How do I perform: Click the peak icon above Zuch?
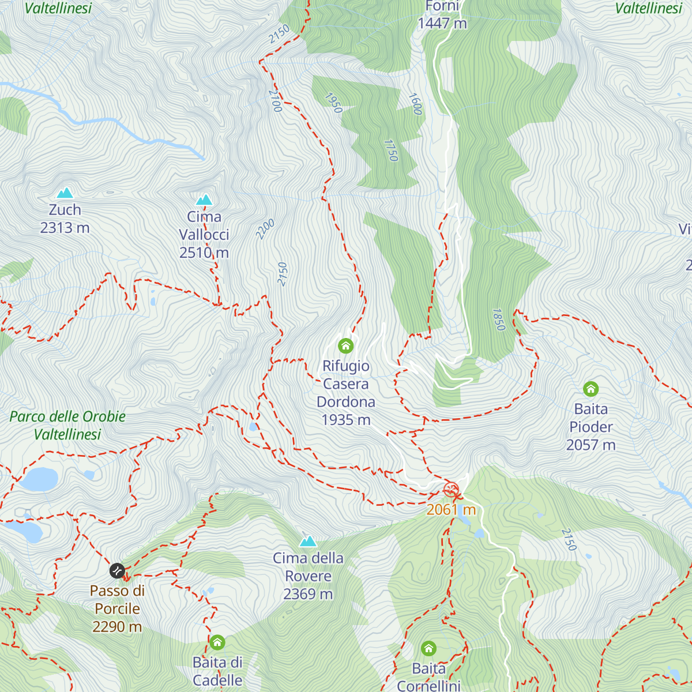[x=65, y=193]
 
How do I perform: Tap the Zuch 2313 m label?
[x=65, y=219]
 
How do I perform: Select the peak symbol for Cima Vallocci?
[x=204, y=200]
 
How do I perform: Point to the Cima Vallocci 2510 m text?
[x=204, y=235]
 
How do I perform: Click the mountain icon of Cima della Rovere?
[x=308, y=541]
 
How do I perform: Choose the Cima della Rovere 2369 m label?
[x=308, y=576]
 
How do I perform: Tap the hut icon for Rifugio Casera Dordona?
[x=345, y=346]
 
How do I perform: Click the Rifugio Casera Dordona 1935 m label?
[x=346, y=393]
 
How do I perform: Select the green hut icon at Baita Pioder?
[x=591, y=389]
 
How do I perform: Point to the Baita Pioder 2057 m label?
[x=591, y=427]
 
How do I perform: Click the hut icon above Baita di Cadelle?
[x=217, y=642]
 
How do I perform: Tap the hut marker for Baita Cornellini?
[x=428, y=649]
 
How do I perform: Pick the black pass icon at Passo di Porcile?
[x=117, y=571]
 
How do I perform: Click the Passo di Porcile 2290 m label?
[x=117, y=608]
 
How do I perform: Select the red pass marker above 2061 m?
[x=451, y=490]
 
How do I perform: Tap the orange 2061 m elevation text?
[x=451, y=510]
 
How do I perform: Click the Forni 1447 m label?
[x=442, y=15]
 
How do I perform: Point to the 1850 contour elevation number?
[x=498, y=319]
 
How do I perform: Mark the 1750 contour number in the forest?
[x=391, y=151]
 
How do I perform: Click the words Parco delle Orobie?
[x=67, y=416]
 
